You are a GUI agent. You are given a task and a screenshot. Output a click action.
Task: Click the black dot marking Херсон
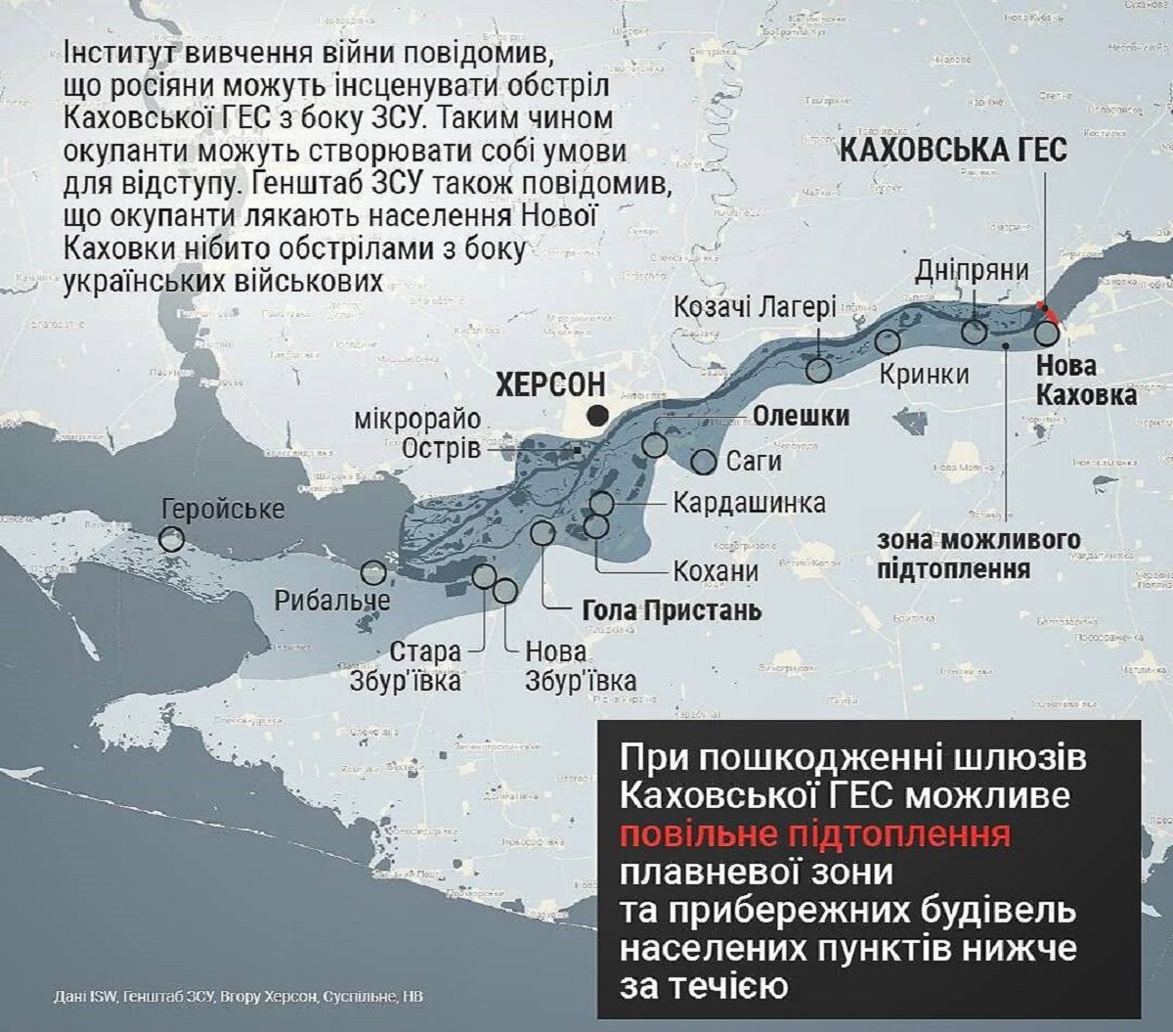tap(598, 415)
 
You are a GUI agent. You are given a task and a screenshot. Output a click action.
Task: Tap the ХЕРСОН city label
tap(550, 384)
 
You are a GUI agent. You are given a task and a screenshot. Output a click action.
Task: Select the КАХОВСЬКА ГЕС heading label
tap(953, 151)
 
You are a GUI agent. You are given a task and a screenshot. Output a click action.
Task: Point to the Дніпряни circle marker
tap(975, 332)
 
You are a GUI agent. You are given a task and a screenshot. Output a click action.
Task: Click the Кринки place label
tap(924, 374)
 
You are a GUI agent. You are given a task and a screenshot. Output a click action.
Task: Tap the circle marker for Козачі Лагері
tap(819, 369)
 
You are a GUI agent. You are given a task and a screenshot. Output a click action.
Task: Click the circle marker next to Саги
tap(704, 462)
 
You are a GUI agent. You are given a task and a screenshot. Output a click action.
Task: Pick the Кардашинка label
tap(749, 503)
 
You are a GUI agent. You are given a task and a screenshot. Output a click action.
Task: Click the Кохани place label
tap(716, 571)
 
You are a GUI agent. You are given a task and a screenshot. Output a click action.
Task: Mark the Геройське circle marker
tap(172, 539)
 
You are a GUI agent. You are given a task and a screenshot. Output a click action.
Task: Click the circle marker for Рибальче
tap(373, 573)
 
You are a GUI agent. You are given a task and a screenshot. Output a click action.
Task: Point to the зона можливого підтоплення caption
tap(977, 554)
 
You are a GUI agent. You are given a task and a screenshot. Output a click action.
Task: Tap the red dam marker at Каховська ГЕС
tap(1049, 311)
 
